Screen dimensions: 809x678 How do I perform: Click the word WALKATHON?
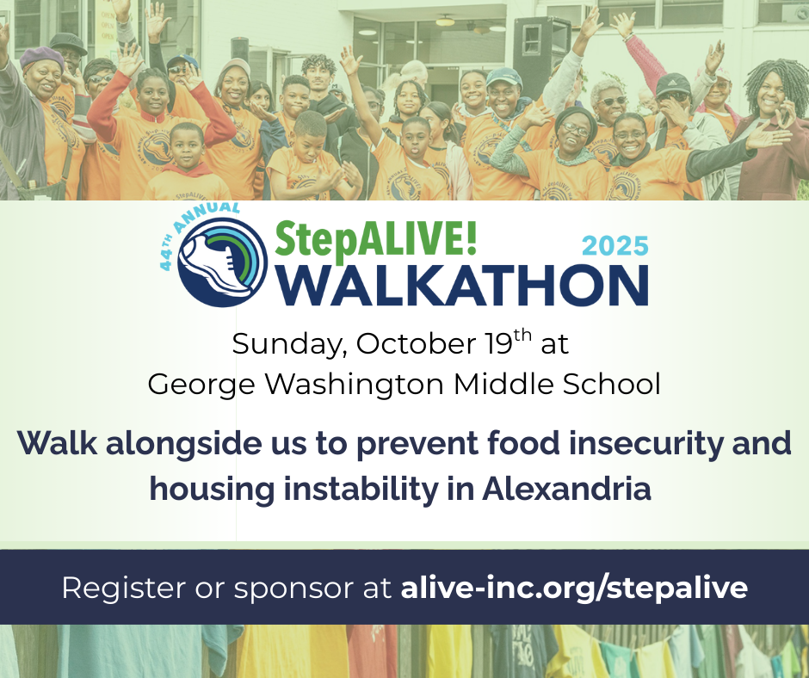[x=462, y=286]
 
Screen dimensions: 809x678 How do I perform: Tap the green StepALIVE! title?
[x=375, y=239]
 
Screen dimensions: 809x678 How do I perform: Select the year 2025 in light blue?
[x=615, y=245]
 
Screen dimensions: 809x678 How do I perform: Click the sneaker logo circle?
[x=222, y=262]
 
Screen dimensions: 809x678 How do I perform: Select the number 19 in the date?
[x=498, y=343]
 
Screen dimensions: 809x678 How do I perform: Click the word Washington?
[x=354, y=385]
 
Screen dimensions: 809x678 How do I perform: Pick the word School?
[x=611, y=384]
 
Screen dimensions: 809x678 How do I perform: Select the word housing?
[x=212, y=490]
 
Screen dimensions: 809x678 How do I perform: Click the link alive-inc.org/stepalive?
[x=574, y=588]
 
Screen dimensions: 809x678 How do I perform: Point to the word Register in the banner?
[x=124, y=589]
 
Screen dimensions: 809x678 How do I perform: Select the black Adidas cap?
[x=673, y=84]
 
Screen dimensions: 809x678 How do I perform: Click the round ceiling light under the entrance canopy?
[x=445, y=22]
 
